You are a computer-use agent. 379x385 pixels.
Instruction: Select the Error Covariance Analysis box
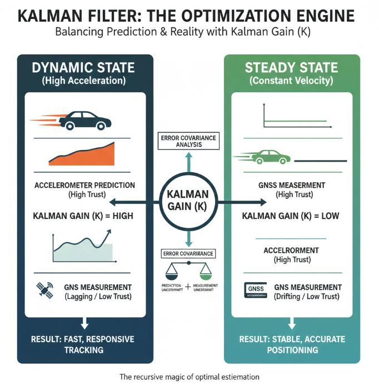point(188,141)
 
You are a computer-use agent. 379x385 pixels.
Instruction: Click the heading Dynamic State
point(83,68)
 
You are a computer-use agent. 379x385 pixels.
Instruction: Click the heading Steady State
point(291,68)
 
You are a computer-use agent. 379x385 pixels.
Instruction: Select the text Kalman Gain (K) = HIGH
point(83,216)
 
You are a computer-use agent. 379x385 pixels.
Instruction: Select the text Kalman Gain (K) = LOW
point(292,216)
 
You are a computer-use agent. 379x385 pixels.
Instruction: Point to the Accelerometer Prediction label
point(84,185)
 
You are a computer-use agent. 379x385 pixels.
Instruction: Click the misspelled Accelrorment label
point(292,250)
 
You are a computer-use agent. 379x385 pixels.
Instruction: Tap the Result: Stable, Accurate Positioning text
point(292,344)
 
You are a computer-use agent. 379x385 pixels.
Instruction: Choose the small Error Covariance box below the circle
point(188,253)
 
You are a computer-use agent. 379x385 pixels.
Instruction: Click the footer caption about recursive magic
point(189,377)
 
